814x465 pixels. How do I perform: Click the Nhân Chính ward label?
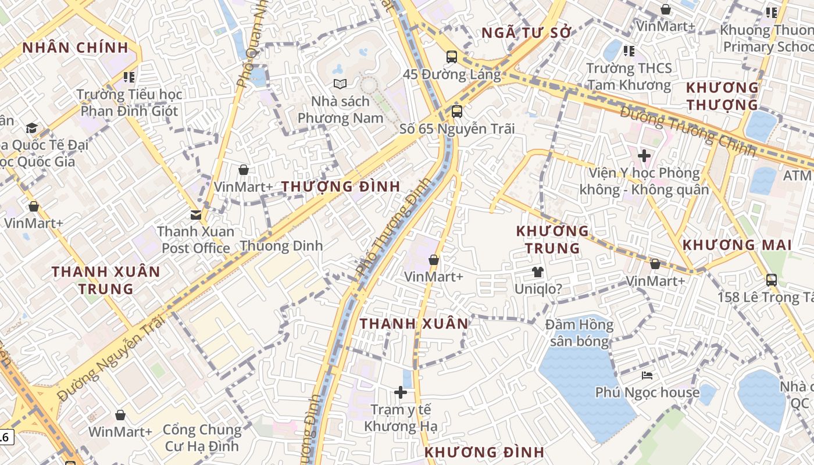(x=75, y=48)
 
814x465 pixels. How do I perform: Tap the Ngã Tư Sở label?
(x=527, y=33)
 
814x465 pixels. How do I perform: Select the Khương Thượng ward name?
(x=722, y=96)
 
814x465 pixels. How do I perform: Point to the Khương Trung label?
(x=552, y=239)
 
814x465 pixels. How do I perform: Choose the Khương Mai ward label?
(x=737, y=245)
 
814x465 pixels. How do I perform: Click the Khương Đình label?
(x=484, y=452)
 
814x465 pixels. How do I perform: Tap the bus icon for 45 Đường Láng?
(x=452, y=57)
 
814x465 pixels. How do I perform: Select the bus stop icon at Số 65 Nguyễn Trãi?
(x=457, y=111)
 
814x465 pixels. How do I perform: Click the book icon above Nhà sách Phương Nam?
(x=340, y=84)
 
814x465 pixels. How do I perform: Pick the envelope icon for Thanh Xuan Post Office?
(x=196, y=214)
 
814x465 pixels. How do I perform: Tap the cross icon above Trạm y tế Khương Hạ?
(x=401, y=392)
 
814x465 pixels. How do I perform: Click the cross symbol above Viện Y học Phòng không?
(x=644, y=156)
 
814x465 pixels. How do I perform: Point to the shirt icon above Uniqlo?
(x=537, y=271)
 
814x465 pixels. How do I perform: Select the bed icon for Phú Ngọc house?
(x=647, y=375)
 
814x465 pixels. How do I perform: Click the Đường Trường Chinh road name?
(x=688, y=131)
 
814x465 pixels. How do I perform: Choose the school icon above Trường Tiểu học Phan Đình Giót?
(x=129, y=77)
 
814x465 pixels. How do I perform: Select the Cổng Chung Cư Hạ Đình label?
(x=202, y=438)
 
